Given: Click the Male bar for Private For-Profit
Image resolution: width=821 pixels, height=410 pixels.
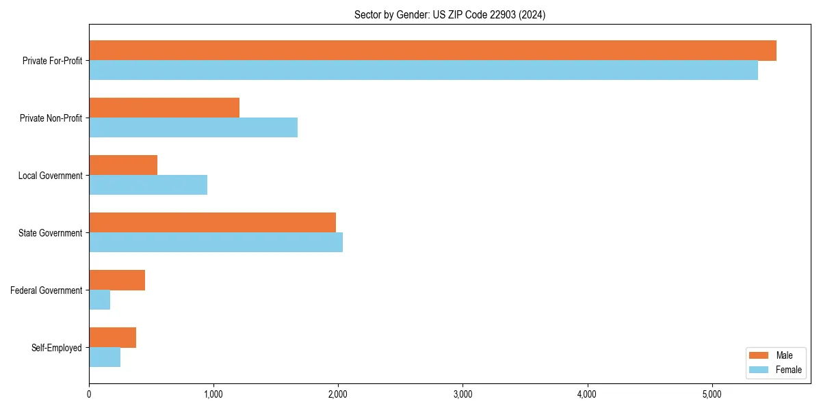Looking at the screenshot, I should [432, 51].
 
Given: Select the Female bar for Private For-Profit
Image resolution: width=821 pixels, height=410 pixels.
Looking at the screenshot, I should [423, 70].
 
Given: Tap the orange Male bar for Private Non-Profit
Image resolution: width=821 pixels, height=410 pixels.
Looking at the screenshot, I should [164, 108].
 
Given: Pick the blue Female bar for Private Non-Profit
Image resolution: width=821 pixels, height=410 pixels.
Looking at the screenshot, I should [193, 128].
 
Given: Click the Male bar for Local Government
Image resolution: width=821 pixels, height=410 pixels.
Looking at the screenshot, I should [123, 165].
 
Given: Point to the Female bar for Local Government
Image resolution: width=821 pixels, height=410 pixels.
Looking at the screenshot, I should [148, 185].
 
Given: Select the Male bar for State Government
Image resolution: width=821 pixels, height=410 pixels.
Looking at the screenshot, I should [212, 223].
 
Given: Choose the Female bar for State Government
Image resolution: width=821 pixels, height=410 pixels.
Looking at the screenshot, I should [216, 243].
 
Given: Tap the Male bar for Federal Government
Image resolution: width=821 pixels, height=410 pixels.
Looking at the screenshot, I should [117, 280].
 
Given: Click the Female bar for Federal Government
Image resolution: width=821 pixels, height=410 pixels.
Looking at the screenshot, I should [100, 300].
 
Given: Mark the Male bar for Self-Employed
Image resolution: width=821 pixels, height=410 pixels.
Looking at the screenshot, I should [113, 338].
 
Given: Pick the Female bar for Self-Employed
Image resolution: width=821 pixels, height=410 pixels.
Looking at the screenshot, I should [105, 357].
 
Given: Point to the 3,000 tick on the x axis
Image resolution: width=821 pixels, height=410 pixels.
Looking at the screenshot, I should [462, 394].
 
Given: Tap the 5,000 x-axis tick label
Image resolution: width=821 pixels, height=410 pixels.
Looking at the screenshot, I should [712, 394].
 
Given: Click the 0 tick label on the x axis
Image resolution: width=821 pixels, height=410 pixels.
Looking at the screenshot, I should [89, 394].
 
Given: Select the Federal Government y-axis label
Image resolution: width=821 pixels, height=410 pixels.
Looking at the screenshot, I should [47, 290].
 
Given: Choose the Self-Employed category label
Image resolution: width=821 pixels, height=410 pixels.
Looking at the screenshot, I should [57, 348].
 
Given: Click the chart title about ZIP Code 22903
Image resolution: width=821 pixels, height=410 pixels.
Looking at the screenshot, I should [449, 14].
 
